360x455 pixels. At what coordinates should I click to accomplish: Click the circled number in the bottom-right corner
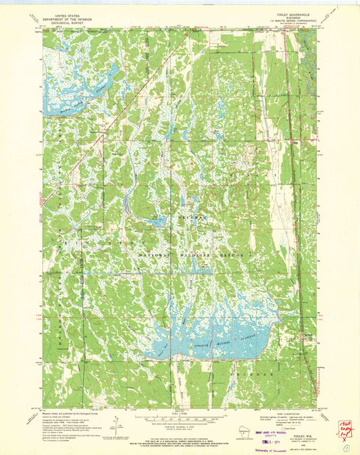point(348,446)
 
